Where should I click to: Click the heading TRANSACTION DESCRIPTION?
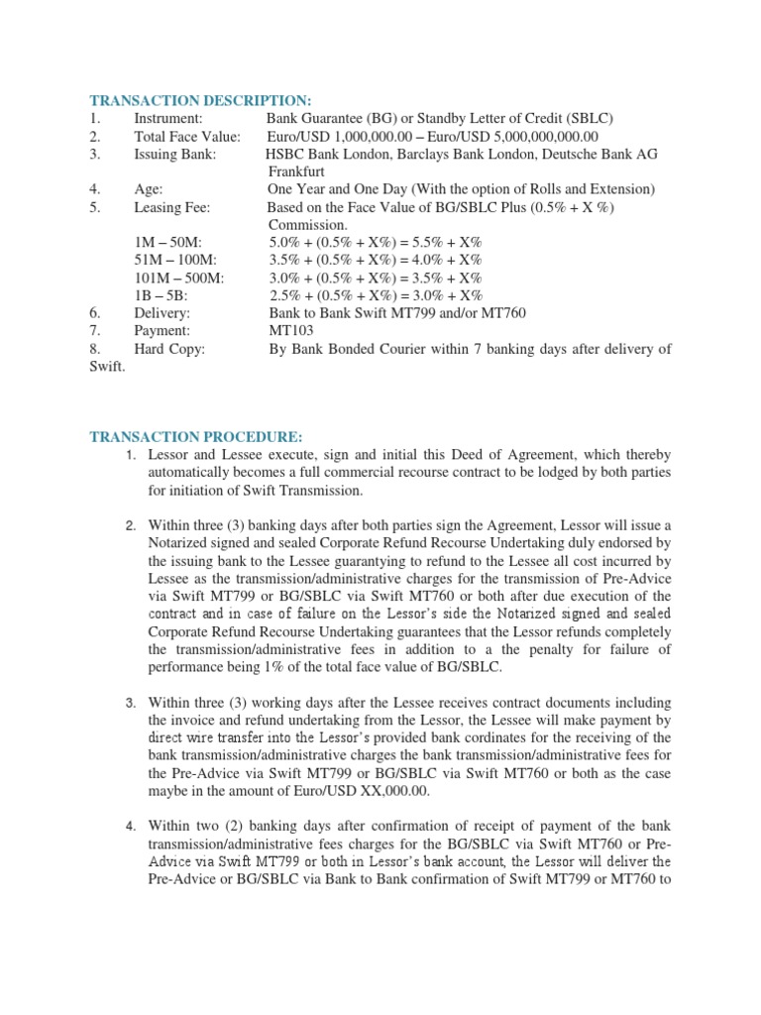tap(200, 100)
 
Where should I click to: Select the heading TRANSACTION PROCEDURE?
tap(195, 436)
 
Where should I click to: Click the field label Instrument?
tap(168, 118)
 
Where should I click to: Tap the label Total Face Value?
tap(187, 136)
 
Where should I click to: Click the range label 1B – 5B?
tap(162, 295)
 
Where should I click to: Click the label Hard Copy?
tap(169, 348)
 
